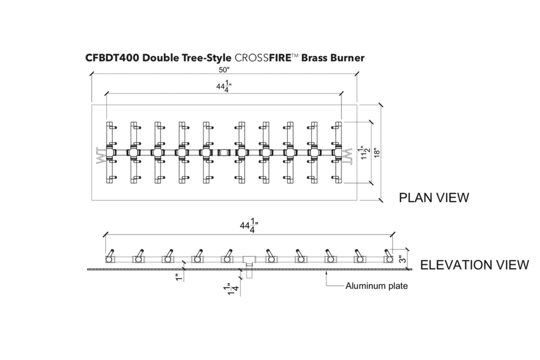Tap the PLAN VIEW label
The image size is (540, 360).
click(x=433, y=198)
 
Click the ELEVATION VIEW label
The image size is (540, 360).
click(x=474, y=265)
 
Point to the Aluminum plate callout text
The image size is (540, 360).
click(x=376, y=286)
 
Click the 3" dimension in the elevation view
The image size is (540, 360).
click(x=403, y=259)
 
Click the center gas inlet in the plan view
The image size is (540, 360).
click(x=224, y=153)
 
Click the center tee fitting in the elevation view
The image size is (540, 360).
click(x=249, y=260)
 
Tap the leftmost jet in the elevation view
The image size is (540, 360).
click(x=110, y=257)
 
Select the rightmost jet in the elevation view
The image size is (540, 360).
click(x=389, y=257)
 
